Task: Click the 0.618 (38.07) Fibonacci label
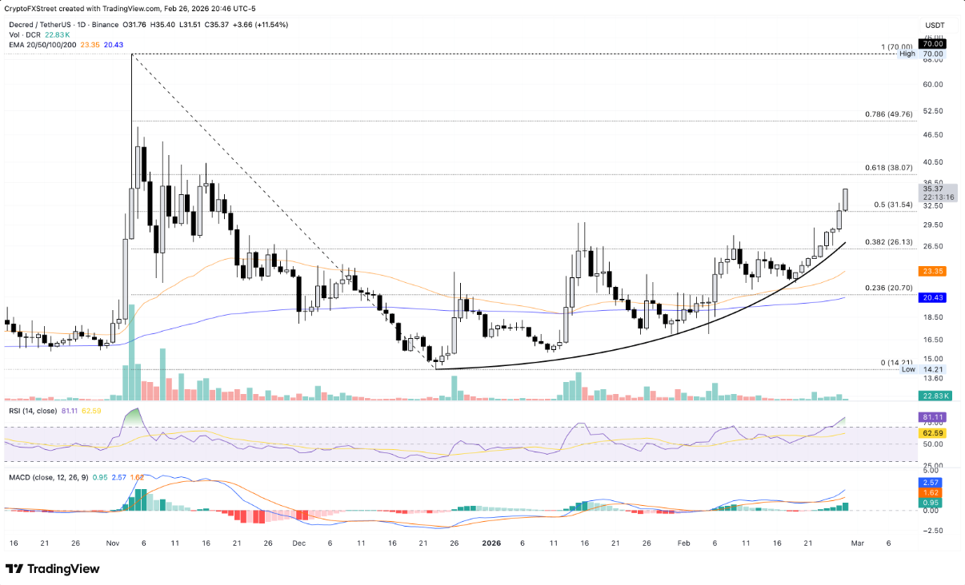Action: point(889,168)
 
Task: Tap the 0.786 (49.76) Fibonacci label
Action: point(889,114)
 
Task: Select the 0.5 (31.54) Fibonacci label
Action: point(893,205)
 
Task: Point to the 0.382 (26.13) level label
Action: point(889,242)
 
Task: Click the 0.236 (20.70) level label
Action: point(889,288)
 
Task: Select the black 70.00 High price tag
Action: point(934,44)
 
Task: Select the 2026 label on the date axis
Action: point(491,543)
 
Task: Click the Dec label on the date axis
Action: point(299,543)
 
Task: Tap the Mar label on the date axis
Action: point(857,543)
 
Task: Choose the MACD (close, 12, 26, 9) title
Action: point(46,478)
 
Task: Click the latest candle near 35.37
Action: point(846,200)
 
